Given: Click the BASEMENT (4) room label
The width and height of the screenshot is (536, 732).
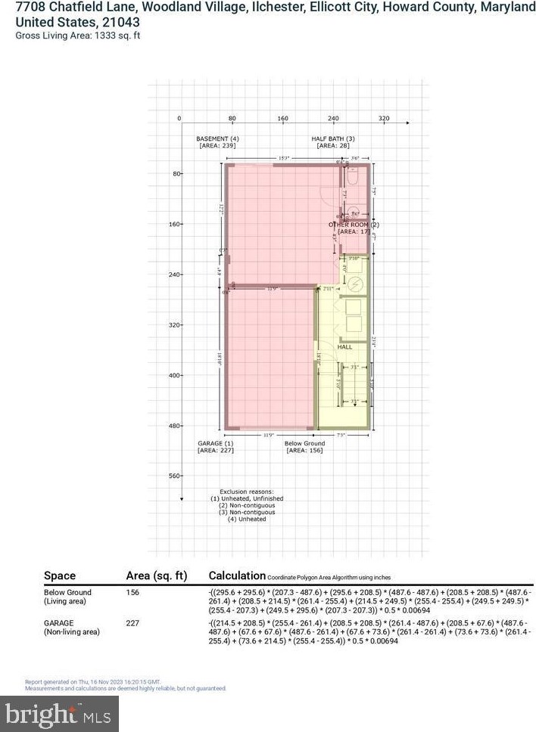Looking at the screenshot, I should [217, 139].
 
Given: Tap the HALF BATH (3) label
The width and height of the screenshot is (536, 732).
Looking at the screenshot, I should [333, 139].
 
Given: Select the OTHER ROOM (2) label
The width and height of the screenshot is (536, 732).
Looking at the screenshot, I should [354, 225].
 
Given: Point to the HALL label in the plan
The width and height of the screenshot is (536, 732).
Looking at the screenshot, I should [344, 347].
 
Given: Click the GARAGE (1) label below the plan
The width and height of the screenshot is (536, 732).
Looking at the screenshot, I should [216, 443].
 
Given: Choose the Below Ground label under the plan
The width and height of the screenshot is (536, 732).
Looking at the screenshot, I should [305, 443].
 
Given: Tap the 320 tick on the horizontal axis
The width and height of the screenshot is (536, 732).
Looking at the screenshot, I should [383, 119].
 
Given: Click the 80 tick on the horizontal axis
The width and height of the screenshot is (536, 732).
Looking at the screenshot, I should [232, 119].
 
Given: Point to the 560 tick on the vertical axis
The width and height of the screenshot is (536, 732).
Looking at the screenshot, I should [174, 476].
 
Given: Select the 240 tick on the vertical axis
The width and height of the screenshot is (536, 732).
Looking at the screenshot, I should [174, 274].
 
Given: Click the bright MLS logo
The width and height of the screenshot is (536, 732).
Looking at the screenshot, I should [60, 712].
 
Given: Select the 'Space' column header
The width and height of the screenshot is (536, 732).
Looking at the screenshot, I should [60, 575].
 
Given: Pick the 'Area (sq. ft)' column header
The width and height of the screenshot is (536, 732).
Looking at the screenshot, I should [155, 575].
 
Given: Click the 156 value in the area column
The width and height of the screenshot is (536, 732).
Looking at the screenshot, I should [132, 592].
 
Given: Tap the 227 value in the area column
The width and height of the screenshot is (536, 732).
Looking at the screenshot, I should [132, 624].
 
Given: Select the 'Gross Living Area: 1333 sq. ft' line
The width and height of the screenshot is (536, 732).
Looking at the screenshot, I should [78, 36].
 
